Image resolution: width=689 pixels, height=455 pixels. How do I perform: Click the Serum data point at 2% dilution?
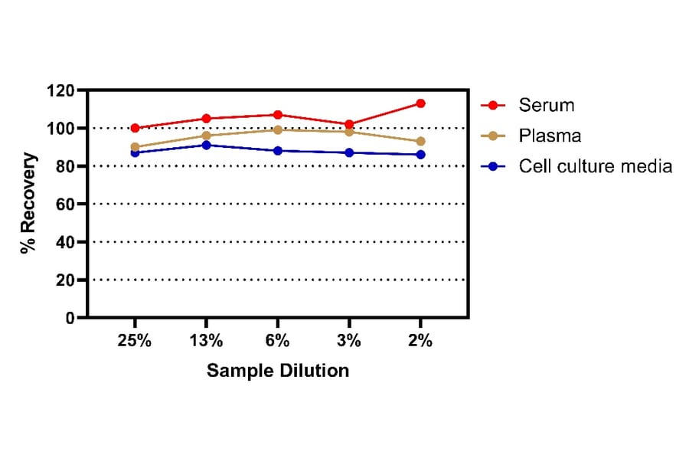(420, 103)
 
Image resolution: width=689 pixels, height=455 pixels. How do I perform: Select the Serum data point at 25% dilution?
(135, 128)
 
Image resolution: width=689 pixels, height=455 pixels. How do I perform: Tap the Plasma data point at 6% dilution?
(278, 129)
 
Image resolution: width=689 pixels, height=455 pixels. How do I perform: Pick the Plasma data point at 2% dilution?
(420, 141)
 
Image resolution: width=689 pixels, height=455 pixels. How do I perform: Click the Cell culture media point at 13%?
(206, 145)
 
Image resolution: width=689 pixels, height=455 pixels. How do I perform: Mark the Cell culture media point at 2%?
(420, 155)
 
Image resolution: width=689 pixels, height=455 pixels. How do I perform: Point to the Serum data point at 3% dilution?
(349, 124)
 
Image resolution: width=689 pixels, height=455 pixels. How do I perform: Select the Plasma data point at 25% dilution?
(135, 147)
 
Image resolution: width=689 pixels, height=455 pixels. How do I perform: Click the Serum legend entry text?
(546, 105)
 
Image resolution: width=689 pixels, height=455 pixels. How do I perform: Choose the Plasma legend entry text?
(550, 136)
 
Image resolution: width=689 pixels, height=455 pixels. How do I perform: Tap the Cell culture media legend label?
(595, 166)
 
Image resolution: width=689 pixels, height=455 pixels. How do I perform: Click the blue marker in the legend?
(493, 166)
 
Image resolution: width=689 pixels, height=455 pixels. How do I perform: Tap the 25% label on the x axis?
(135, 342)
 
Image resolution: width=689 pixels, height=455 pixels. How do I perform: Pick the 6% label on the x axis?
(278, 342)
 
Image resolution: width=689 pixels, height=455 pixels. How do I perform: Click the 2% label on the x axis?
(420, 342)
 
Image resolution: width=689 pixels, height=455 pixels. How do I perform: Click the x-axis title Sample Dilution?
(277, 371)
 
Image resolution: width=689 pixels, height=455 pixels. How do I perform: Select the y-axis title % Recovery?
(28, 204)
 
